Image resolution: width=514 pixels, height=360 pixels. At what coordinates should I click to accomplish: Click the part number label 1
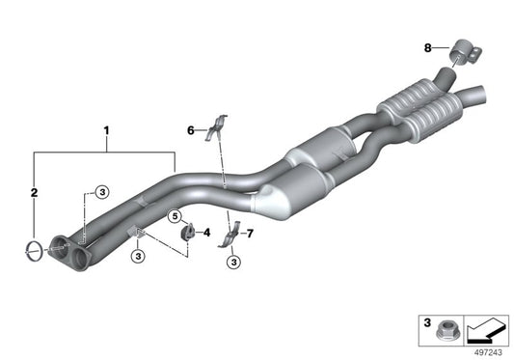[106, 126]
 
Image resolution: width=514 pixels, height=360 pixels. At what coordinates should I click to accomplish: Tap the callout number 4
[205, 232]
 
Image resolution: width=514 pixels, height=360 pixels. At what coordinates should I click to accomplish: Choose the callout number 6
[191, 128]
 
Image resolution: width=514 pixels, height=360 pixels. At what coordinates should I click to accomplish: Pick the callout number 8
[428, 45]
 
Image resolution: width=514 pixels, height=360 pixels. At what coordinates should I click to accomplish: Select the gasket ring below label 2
[33, 252]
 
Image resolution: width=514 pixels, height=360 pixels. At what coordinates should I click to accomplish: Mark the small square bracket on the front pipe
[136, 232]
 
